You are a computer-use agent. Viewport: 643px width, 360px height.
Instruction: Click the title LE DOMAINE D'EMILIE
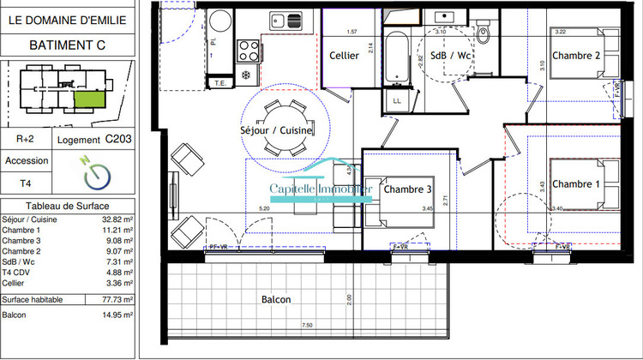click(68, 15)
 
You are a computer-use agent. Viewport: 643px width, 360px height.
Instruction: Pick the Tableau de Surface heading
click(68, 207)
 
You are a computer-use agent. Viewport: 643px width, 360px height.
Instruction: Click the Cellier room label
click(343, 57)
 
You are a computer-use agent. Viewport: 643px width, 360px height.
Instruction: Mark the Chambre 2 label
click(574, 56)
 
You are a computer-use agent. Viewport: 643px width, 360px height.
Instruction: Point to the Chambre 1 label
click(575, 184)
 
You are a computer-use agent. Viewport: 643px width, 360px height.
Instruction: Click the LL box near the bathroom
click(396, 100)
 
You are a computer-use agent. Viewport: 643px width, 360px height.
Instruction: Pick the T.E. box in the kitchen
click(219, 83)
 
